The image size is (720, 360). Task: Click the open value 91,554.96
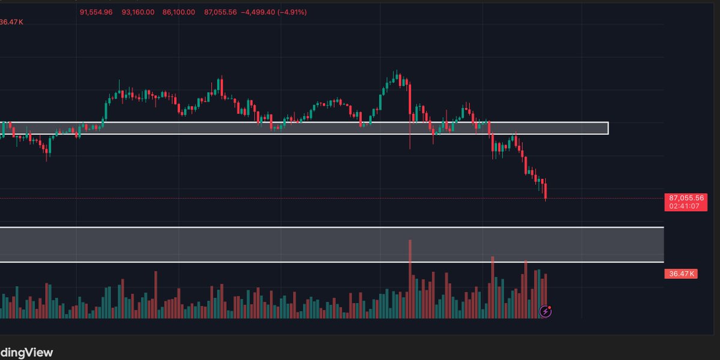[x=96, y=12]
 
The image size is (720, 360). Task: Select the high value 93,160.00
[x=137, y=12]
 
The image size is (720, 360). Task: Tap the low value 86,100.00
[x=178, y=12]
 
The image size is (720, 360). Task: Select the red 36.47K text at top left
[x=11, y=22]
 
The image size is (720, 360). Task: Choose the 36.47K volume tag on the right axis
[x=680, y=274]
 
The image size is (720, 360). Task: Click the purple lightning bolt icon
[x=545, y=311]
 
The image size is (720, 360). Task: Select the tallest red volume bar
[x=410, y=279]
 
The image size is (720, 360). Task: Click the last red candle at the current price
[x=545, y=192]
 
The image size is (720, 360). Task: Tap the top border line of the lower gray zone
[x=330, y=227]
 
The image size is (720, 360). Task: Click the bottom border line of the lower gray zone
[x=330, y=262]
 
